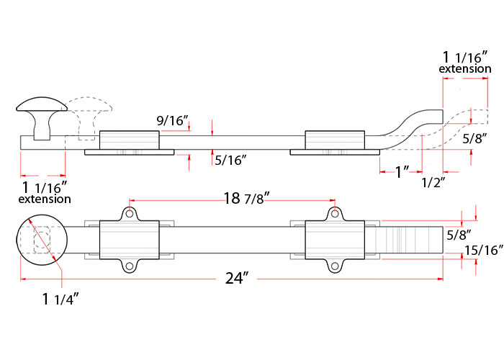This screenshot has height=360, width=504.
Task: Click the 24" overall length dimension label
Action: pos(237,279)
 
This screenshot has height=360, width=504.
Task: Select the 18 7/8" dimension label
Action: pos(246,198)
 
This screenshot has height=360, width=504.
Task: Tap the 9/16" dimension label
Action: pos(172,121)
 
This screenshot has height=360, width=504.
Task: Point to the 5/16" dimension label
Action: pos(231,160)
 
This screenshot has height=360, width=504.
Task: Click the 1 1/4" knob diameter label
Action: pos(60,299)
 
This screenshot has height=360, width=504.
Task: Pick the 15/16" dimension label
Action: pos(483,250)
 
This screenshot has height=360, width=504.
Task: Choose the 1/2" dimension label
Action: pos(433,182)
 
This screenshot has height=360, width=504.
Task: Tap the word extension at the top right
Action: pos(465,69)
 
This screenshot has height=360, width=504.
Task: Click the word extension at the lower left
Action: pos(45,199)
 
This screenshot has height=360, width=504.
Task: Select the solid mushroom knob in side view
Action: pos(42,117)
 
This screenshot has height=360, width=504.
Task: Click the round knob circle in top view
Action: pos(42,240)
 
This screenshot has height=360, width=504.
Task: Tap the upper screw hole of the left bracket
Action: pos(129,213)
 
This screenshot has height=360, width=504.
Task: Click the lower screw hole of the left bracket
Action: pos(129,266)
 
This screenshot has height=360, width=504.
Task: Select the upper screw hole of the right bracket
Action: pos(335,213)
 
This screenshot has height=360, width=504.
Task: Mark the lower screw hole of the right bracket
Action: pos(335,266)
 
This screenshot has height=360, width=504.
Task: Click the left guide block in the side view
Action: pos(129,140)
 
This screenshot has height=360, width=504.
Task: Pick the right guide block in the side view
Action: pos(335,140)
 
